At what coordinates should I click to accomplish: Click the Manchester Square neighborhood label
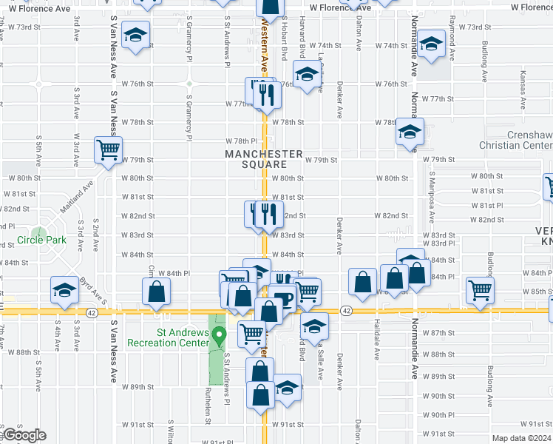[x=264, y=159]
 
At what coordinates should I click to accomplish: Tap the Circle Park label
[x=41, y=240]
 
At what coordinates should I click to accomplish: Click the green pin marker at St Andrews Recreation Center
[x=219, y=336]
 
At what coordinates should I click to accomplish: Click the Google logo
[x=25, y=435]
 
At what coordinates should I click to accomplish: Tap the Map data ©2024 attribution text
[x=520, y=438]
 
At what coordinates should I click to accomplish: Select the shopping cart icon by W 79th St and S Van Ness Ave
[x=108, y=149]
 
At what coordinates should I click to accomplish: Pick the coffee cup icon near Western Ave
[x=284, y=299]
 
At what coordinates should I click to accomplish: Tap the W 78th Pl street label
[x=243, y=141]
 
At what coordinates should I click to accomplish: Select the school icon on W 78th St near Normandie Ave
[x=409, y=131]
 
